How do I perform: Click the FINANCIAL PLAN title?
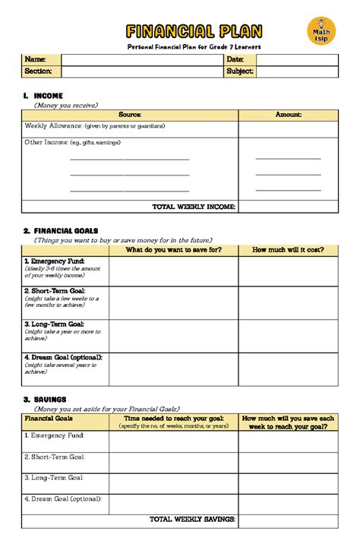click(194, 31)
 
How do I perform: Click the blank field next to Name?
click(141, 59)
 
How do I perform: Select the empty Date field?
click(297, 59)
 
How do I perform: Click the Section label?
click(39, 71)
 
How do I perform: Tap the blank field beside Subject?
click(297, 71)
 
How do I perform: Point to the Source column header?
click(130, 115)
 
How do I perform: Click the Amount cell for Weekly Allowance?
click(288, 129)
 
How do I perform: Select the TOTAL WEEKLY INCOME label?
click(194, 207)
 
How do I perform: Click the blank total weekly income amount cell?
click(288, 207)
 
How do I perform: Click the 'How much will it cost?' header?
click(288, 250)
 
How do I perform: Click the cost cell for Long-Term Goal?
click(288, 336)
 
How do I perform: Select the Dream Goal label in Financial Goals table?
click(62, 356)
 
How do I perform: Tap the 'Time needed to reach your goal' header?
click(174, 419)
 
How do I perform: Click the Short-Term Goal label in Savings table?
click(55, 457)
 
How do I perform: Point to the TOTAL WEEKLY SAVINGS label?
click(193, 520)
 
